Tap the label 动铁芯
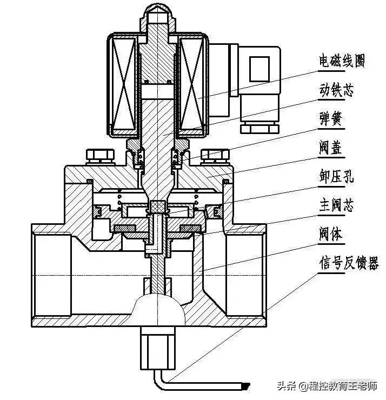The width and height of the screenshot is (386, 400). point(335,91)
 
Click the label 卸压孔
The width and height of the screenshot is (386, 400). point(335,177)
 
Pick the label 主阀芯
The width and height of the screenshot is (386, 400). point(335,206)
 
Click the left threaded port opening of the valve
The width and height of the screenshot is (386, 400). point(51,276)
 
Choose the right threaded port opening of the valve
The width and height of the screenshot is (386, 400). point(246,276)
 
